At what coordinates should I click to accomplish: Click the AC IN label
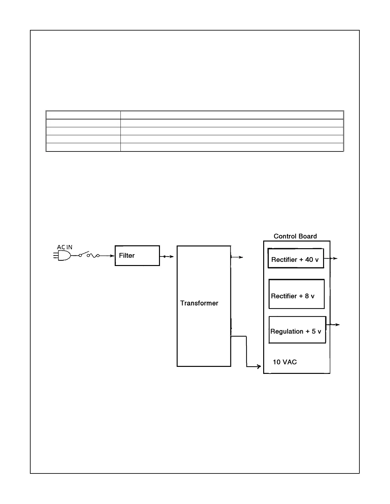[65, 247]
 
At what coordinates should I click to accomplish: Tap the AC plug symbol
[62, 255]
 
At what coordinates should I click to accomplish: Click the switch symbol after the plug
[84, 254]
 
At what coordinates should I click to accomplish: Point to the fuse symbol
[93, 255]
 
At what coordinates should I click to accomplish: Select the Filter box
[137, 255]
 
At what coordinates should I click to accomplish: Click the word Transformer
[199, 303]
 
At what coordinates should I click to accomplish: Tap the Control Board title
[295, 236]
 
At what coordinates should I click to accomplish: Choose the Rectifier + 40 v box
[296, 258]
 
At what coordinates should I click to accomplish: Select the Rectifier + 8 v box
[296, 294]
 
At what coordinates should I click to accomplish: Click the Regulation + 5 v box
[297, 330]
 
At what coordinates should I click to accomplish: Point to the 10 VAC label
[285, 362]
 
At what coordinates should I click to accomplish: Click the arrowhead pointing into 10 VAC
[258, 367]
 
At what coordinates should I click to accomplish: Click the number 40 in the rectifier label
[309, 260]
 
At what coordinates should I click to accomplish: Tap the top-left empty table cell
[83, 115]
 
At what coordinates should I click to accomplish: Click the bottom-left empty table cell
[83, 147]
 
